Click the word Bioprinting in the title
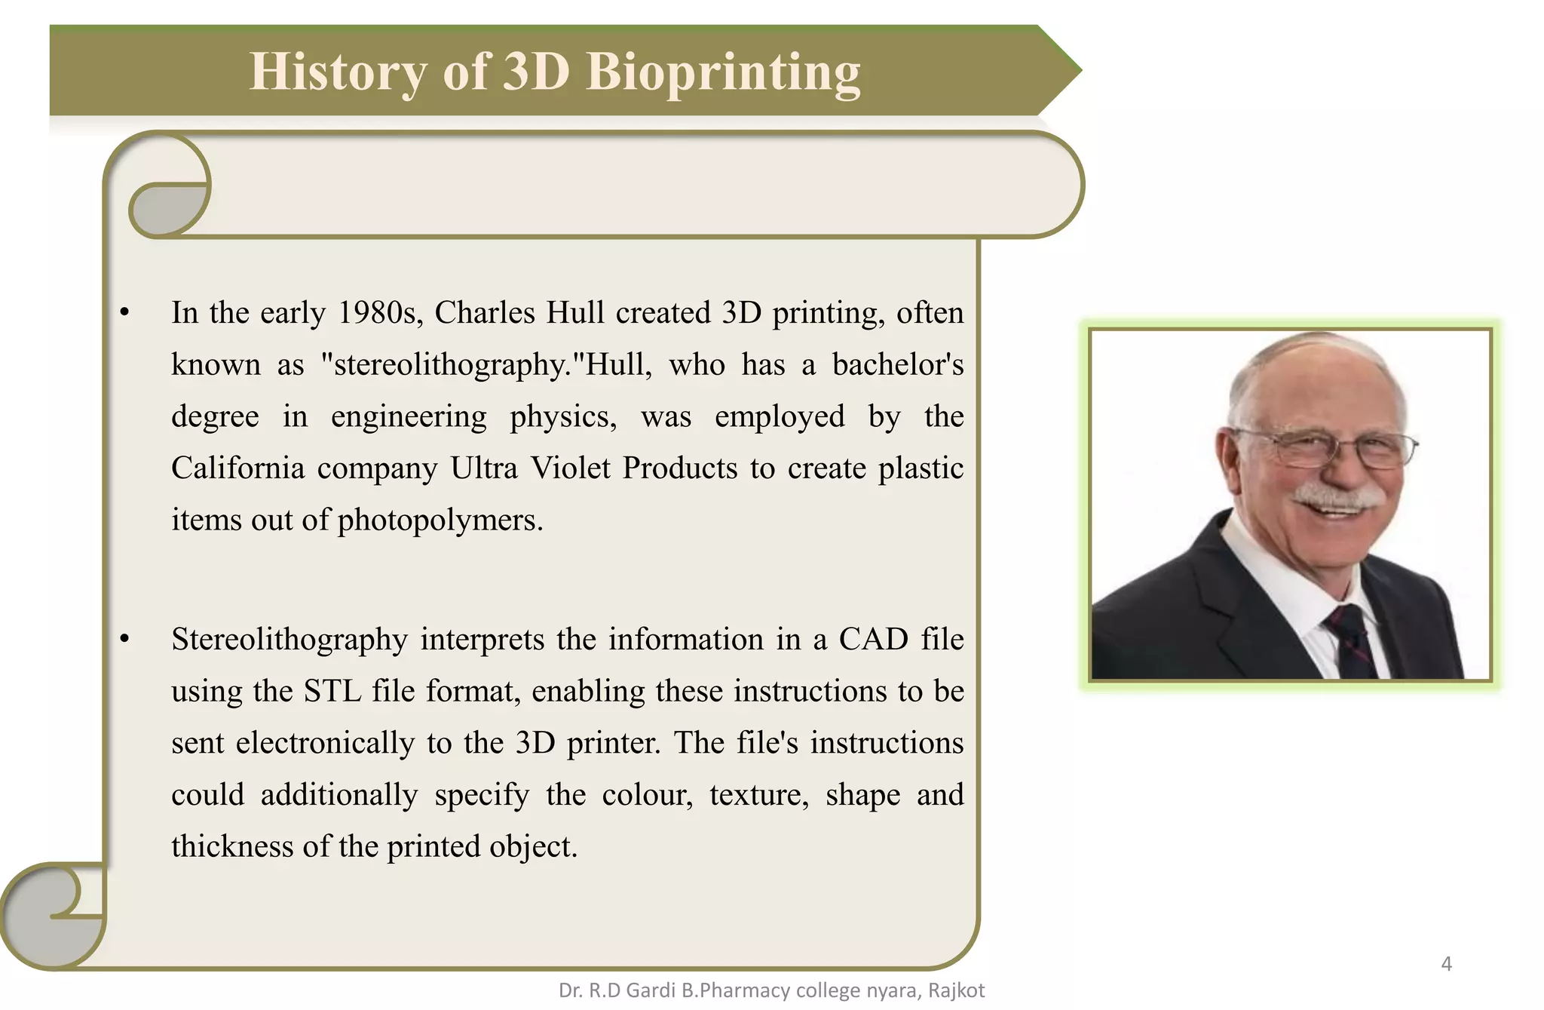click(723, 72)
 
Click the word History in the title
click(339, 72)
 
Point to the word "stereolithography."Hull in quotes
click(486, 365)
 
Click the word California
click(237, 468)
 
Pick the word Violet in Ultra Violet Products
click(571, 468)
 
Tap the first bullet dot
click(125, 313)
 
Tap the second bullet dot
click(125, 640)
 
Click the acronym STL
click(332, 692)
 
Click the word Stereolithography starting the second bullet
click(289, 640)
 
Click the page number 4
click(1446, 964)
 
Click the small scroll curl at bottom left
click(53, 914)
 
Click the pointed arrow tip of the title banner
click(1071, 71)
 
